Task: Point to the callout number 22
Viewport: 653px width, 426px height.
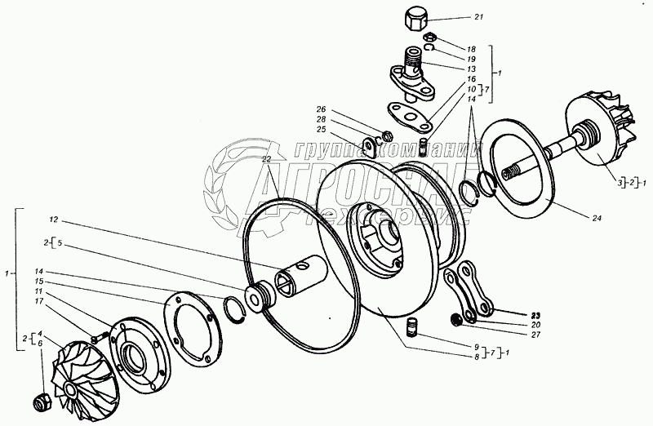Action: coord(266,160)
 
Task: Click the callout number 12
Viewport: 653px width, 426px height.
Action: coord(54,220)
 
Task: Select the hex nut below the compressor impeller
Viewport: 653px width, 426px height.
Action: coord(39,402)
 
